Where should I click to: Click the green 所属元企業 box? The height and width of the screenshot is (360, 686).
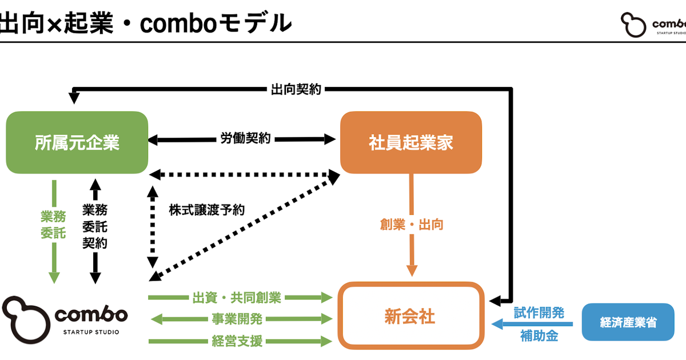[77, 142]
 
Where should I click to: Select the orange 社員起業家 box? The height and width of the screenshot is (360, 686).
[410, 142]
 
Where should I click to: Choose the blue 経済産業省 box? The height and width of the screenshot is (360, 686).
[628, 322]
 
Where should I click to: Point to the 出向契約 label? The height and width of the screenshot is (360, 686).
[295, 89]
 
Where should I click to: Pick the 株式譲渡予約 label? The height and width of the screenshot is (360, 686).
[206, 210]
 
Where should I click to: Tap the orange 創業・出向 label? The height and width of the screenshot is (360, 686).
[411, 225]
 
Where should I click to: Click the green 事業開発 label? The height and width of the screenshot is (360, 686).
[237, 319]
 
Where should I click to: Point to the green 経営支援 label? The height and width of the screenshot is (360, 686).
[237, 341]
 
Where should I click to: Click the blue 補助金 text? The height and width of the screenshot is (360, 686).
[539, 335]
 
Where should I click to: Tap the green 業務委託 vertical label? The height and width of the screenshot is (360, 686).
[53, 225]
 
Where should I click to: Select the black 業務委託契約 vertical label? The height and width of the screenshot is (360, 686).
[95, 226]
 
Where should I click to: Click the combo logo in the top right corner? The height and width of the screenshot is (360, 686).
[652, 25]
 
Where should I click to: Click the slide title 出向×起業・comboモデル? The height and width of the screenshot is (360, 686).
[146, 23]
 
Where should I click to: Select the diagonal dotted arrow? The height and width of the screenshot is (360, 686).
[243, 229]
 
